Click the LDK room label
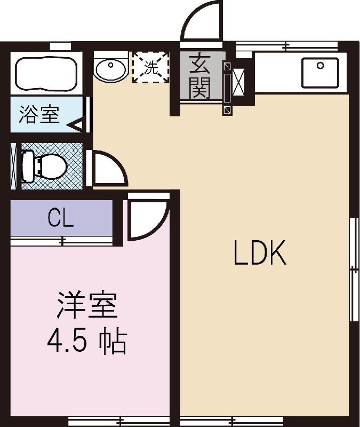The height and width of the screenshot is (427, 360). (x=260, y=254)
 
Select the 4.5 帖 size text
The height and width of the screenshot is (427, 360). (x=86, y=342)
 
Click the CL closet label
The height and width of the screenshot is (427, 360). (x=61, y=218)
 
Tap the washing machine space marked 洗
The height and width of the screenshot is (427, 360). (x=150, y=68)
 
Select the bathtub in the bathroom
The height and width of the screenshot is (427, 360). (x=46, y=73)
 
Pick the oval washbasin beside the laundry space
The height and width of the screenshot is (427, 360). (x=111, y=69)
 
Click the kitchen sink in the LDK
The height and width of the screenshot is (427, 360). (x=320, y=73)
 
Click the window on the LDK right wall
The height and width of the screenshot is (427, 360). (x=353, y=270)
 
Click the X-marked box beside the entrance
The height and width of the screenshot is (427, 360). (x=238, y=84)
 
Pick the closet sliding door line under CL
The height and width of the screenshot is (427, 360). (x=62, y=241)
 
